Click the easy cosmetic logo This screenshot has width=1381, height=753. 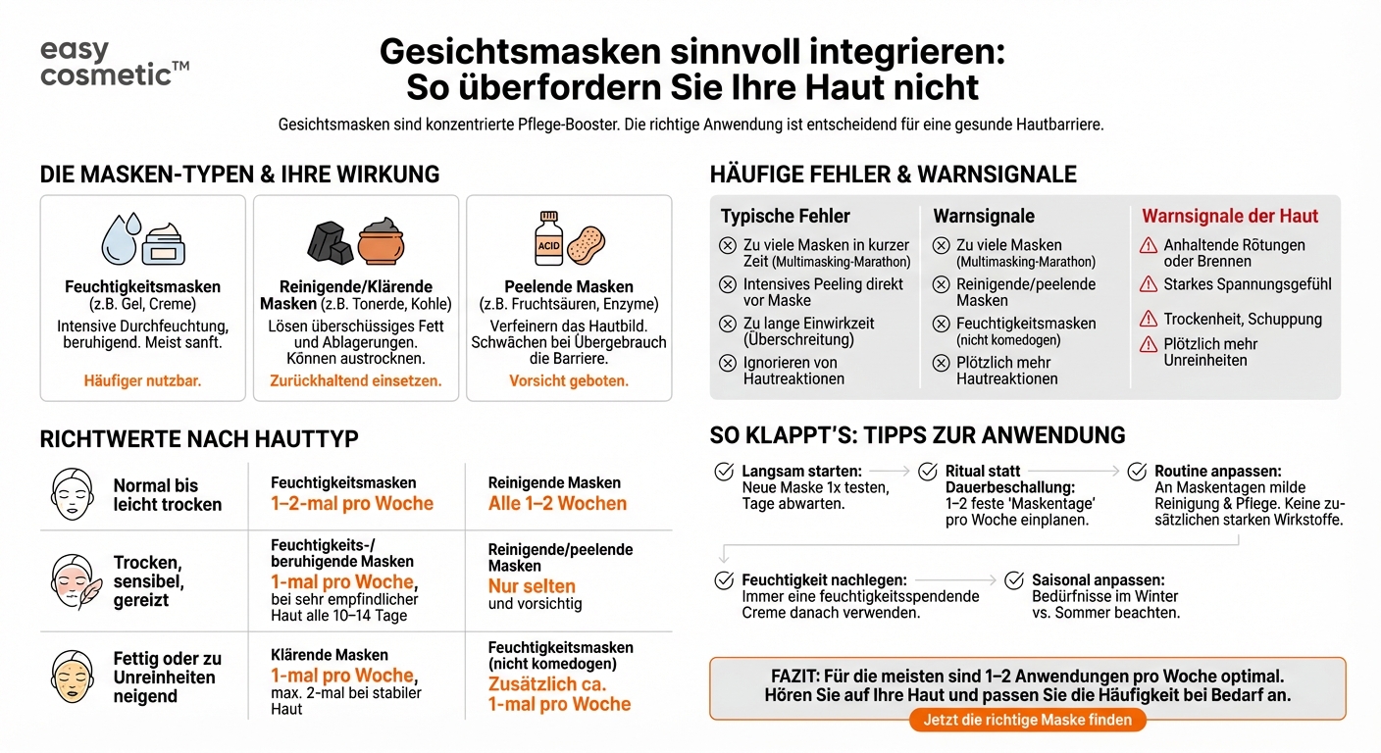pos(114,63)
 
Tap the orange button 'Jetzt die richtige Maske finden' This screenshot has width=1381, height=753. pos(1028,720)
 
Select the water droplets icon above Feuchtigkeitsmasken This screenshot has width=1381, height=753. pos(122,237)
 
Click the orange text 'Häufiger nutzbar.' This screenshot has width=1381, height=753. pos(143,380)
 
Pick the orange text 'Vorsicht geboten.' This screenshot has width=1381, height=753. pos(569,380)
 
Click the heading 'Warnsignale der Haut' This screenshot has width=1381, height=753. pos(1230,216)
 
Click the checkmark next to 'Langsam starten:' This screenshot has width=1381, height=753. pos(724,472)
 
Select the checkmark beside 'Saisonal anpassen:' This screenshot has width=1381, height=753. pos(1014,580)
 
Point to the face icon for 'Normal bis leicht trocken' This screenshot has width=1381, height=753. pos(72,494)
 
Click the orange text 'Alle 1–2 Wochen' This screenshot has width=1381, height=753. pos(557,504)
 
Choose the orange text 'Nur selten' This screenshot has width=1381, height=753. pos(532,586)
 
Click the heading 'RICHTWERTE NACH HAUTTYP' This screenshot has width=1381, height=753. pos(199,438)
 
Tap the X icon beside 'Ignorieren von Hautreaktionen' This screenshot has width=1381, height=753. pos(728,363)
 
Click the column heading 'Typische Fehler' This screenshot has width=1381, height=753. pos(786,216)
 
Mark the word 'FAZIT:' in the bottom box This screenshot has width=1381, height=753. pos(798,678)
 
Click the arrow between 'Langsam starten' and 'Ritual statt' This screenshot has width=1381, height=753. pos(889,472)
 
